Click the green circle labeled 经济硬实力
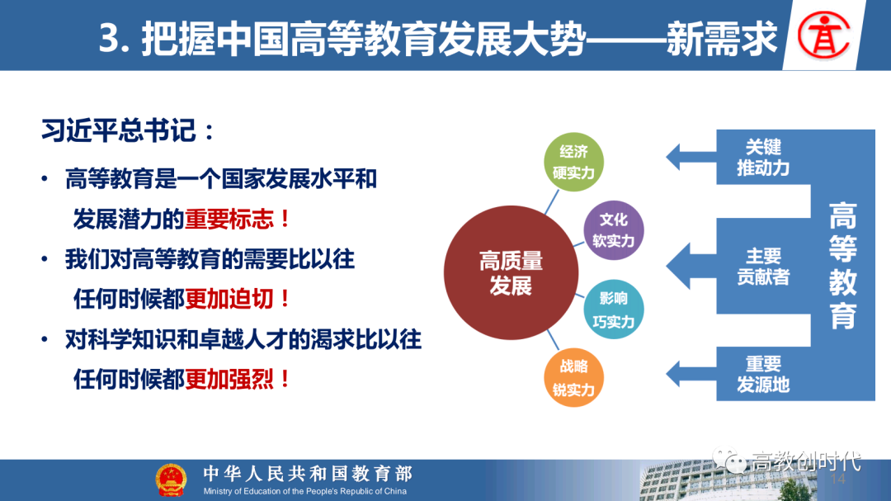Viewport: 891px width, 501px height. (x=573, y=162)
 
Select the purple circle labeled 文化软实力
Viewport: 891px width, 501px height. (x=614, y=230)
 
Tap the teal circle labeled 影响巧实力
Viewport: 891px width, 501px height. (x=614, y=310)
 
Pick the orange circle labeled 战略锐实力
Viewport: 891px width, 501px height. (x=573, y=377)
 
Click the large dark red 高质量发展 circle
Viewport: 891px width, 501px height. (x=511, y=272)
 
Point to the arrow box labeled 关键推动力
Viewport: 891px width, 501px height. (x=738, y=157)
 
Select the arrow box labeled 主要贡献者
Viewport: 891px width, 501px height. (x=738, y=266)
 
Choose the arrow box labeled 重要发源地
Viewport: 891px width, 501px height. (x=738, y=374)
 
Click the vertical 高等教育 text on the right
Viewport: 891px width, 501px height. (x=842, y=266)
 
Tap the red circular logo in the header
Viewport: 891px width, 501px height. (x=823, y=35)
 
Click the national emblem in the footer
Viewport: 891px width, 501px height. (x=171, y=480)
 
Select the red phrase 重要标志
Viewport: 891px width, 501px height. (x=229, y=219)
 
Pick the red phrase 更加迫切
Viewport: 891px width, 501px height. (x=229, y=299)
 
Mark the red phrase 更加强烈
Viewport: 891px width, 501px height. (x=229, y=380)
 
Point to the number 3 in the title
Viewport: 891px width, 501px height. (x=109, y=38)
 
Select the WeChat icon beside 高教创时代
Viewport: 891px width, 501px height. (x=729, y=460)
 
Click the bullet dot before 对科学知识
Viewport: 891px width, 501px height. (x=45, y=340)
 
